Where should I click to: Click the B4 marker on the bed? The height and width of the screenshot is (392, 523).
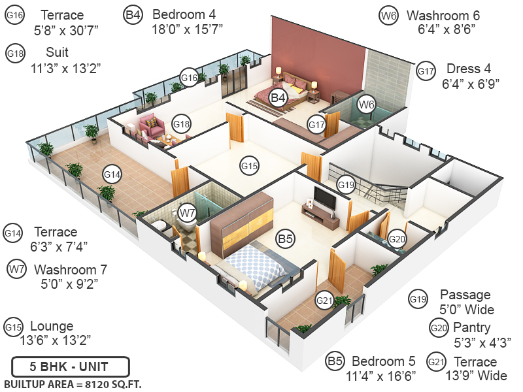(x=279, y=98)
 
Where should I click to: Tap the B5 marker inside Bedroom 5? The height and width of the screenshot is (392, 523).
(x=284, y=238)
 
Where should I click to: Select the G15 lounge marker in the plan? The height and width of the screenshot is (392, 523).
(x=249, y=166)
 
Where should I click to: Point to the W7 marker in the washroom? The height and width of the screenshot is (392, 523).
(x=188, y=213)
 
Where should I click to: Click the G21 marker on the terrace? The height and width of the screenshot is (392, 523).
(x=324, y=301)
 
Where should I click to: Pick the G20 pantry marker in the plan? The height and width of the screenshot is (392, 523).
(x=397, y=240)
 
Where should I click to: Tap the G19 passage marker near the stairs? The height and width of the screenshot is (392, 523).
(x=346, y=185)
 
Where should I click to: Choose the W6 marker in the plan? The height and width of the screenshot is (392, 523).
(x=366, y=104)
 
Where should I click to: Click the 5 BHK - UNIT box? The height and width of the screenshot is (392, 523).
(x=70, y=366)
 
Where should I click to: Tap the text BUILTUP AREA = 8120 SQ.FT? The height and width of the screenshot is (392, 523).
(x=73, y=384)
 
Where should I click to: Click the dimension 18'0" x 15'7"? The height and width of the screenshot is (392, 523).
(x=188, y=29)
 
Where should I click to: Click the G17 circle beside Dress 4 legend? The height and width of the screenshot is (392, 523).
(x=426, y=71)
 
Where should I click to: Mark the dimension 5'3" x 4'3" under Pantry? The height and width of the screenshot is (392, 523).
(x=482, y=342)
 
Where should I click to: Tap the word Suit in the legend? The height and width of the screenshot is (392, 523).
(x=57, y=52)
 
